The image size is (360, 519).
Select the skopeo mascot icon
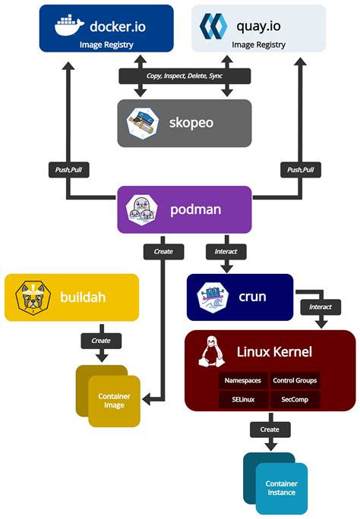coord(143,122)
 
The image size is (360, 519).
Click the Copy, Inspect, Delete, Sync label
coord(185,76)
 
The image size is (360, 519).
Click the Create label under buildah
coord(101,341)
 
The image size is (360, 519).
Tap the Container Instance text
coord(281,488)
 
